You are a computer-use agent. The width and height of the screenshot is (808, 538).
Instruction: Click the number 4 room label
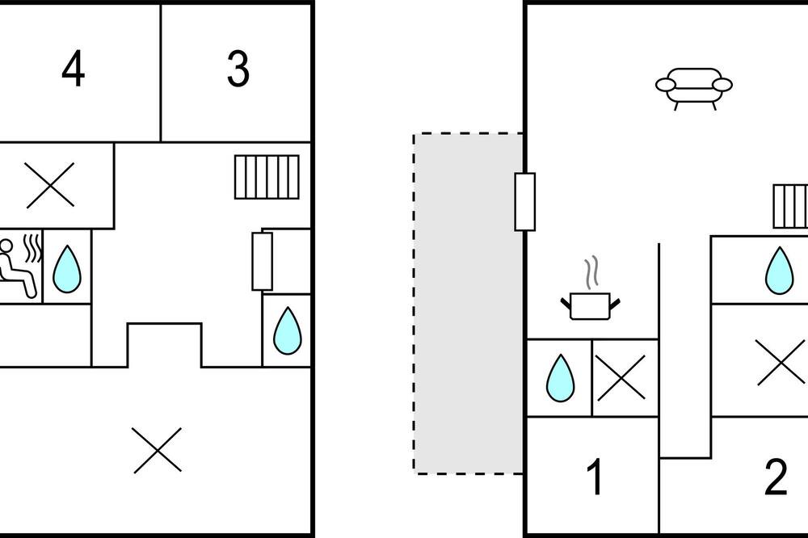73,69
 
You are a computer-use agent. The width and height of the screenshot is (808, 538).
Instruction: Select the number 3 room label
238,69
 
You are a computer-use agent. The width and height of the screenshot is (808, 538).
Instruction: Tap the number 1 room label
595,477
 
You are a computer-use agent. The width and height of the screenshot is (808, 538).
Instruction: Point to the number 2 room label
775,477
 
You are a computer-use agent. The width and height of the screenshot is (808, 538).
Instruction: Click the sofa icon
694,86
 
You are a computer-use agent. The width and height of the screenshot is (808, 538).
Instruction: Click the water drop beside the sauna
67,268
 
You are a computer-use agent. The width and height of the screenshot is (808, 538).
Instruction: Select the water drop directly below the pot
560,377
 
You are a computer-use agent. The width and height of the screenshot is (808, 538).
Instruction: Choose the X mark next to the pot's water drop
621,377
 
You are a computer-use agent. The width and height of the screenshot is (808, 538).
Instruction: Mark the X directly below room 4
50,185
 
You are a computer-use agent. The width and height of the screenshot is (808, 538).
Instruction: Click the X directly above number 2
781,362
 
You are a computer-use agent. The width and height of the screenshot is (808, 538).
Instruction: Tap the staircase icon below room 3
267,177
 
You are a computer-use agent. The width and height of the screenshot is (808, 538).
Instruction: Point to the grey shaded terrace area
467,303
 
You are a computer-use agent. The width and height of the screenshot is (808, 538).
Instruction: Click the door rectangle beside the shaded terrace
524,201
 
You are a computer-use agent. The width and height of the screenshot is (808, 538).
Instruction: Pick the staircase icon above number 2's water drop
790,207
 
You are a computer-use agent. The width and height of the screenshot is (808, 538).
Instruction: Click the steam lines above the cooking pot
592,271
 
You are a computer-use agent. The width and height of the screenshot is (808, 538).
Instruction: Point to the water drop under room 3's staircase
287,330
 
